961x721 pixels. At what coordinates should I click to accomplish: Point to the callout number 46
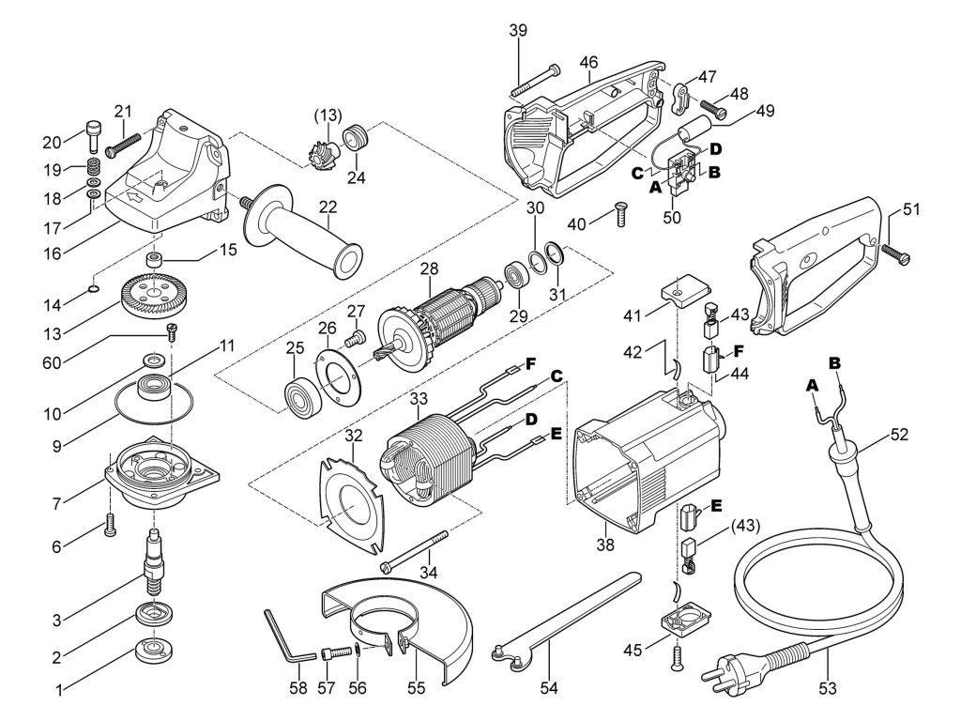588,63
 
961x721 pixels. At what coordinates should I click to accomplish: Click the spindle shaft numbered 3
152,561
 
